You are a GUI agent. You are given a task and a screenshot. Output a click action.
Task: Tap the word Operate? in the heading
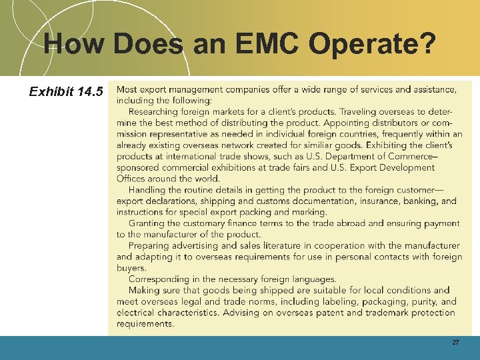[381, 45]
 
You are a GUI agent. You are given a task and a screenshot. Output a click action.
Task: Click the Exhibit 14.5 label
[66, 91]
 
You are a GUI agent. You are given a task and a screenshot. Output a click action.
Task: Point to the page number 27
[456, 342]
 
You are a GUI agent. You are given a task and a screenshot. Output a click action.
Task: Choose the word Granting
[148, 223]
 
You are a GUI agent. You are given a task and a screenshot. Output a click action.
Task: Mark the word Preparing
[150, 245]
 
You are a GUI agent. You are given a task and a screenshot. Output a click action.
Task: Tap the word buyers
[131, 268]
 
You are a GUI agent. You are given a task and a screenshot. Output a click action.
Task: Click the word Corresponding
[161, 279]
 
